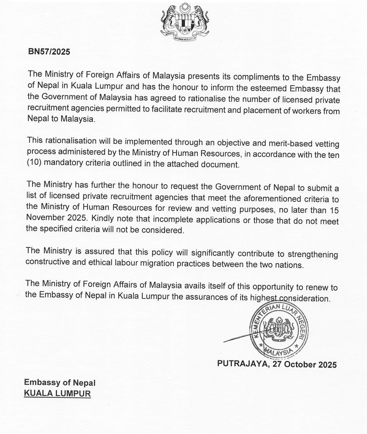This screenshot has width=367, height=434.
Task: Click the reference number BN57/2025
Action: pyautogui.click(x=49, y=52)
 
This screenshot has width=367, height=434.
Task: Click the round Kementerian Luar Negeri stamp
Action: pyautogui.click(x=279, y=331)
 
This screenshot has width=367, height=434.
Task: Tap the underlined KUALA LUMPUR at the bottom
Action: pyautogui.click(x=57, y=393)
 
